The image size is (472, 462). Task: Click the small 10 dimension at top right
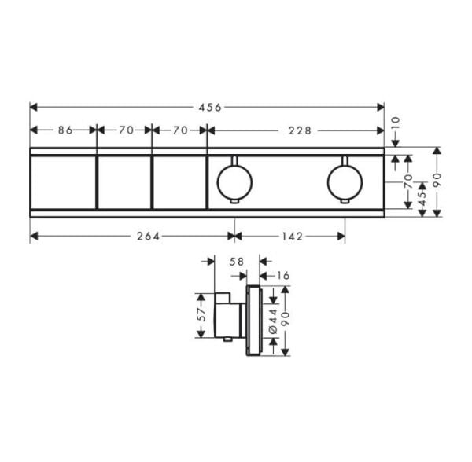396,123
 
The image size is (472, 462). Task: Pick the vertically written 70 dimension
407,181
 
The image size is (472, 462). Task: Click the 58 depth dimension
235,262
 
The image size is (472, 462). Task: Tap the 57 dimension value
201,315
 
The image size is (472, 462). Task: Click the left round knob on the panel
233,181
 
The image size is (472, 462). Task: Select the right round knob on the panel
344,181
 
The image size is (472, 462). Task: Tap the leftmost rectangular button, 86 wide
63,181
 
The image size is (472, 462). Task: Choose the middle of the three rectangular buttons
124,181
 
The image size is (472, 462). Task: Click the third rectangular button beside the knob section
179,181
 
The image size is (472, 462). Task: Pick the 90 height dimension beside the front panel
437,181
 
